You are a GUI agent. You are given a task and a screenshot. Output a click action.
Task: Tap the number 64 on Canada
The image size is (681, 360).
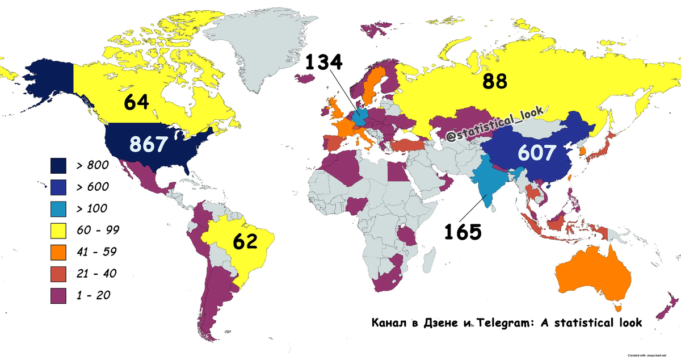click(137, 103)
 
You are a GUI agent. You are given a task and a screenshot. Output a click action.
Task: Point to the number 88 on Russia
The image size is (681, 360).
click(495, 82)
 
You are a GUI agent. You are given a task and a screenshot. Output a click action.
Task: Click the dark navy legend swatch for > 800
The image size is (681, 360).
click(58, 165)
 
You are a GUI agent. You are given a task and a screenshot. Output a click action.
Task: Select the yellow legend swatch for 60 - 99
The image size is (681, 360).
click(58, 230)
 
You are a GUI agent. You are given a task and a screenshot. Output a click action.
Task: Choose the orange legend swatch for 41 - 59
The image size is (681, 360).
click(58, 252)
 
